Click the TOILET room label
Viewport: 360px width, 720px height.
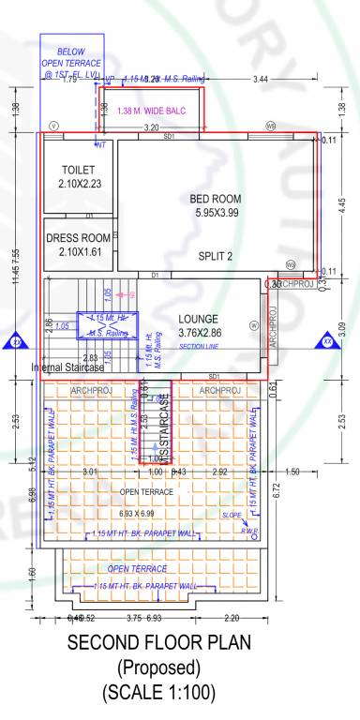point(79,171)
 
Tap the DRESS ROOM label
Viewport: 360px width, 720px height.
point(79,238)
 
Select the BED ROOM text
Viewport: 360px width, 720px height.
point(216,199)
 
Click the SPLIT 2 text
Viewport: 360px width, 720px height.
point(216,256)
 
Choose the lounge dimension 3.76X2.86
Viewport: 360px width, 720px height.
point(196,333)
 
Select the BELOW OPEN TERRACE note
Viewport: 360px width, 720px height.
point(70,62)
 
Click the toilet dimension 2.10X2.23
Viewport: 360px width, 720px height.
point(79,185)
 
